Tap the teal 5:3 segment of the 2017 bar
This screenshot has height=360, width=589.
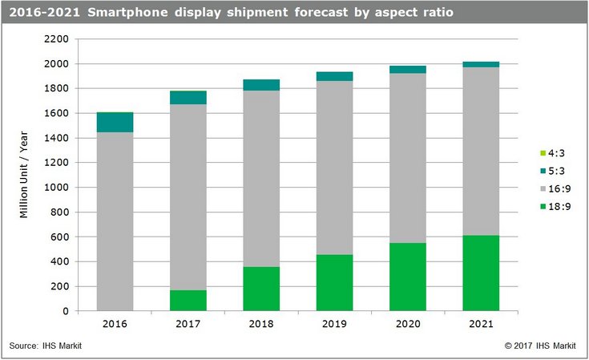[x=189, y=98]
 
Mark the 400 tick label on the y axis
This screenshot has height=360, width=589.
[x=64, y=262]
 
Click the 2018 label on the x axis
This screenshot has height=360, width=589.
[x=262, y=324]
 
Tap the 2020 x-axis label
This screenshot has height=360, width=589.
[x=408, y=324]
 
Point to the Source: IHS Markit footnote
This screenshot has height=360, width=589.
[x=46, y=346]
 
